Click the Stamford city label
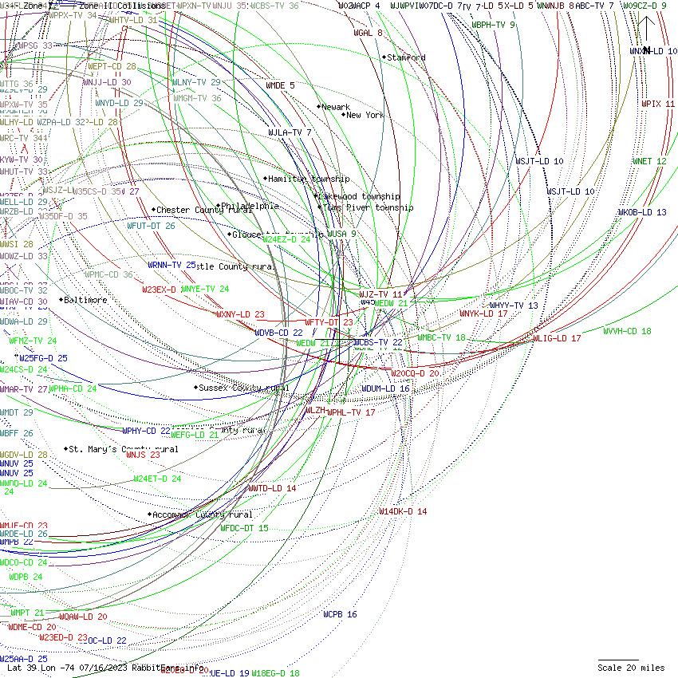pos(406,57)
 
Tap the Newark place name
pos(336,107)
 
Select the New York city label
pos(365,115)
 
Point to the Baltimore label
pos(85,300)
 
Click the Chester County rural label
pos(199,210)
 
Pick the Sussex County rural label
pos(244,388)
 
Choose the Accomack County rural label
pos(203,514)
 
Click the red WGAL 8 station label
pos(368,33)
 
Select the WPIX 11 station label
pos(658,104)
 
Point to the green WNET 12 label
pos(649,161)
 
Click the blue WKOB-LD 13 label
pos(641,212)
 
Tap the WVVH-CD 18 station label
pos(627,331)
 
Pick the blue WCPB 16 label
pos(340,614)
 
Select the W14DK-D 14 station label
pos(403,511)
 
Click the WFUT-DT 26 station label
pos(151,226)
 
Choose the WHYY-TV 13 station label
pos(514,305)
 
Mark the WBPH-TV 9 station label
pos(493,25)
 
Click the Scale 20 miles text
pos(631,668)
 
